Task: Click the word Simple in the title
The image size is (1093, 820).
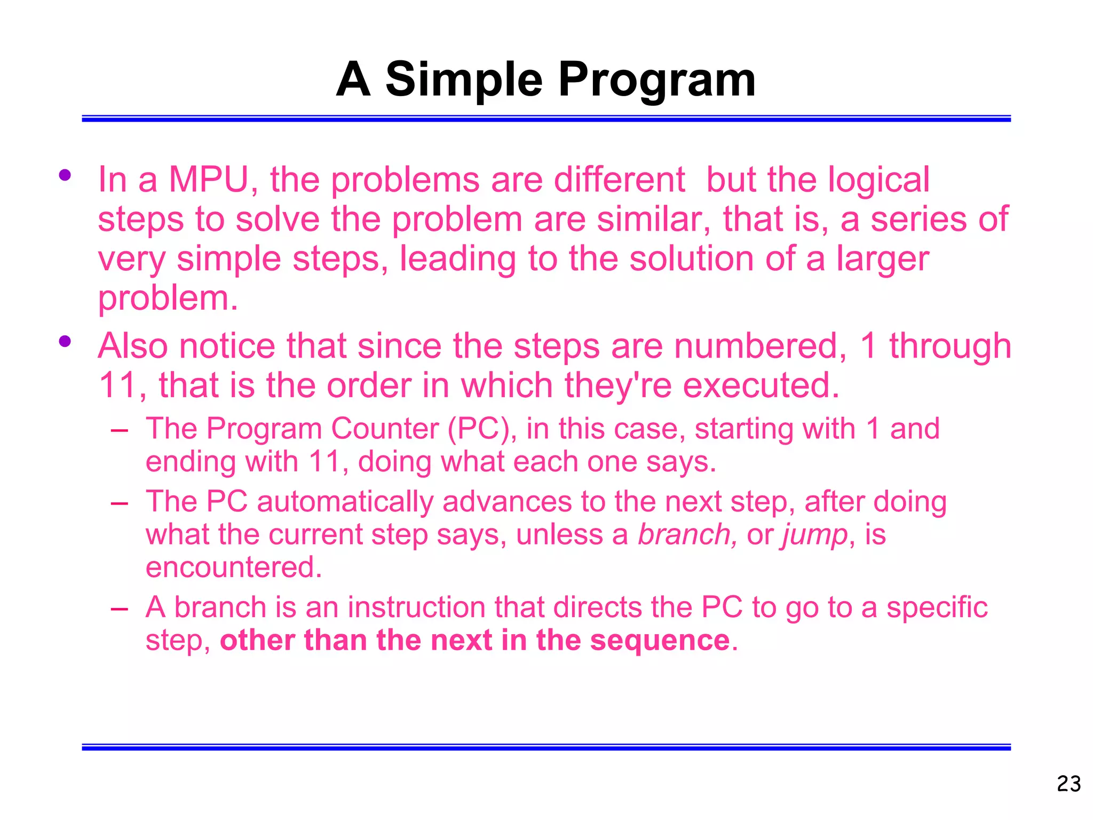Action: [x=464, y=80]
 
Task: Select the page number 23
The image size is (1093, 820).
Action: [x=1068, y=784]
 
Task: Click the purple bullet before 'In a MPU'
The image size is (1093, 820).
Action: [x=65, y=175]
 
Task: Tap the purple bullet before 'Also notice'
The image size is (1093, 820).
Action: [x=65, y=341]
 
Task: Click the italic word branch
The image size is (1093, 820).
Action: [x=687, y=534]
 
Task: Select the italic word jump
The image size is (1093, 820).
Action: [x=815, y=534]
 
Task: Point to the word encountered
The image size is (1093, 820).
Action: [x=234, y=567]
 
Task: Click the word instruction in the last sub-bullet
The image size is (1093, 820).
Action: [x=417, y=608]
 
